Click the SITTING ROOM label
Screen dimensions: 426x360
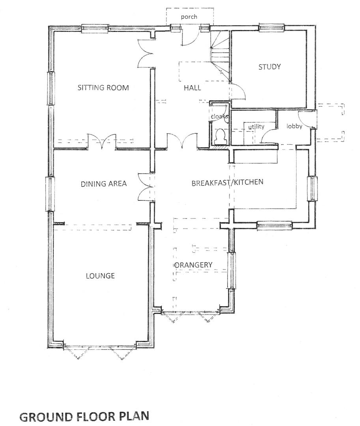point(103,88)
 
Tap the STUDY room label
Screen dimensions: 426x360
point(270,67)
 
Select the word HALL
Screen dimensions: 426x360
point(192,88)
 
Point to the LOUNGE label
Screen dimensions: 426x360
point(100,276)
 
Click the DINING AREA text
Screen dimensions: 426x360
point(104,183)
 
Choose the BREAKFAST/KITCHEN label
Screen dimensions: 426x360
point(227,182)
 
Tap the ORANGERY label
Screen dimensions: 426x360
point(194,265)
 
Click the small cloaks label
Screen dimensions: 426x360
point(219,117)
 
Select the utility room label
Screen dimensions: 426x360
point(256,127)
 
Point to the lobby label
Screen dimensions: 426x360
point(294,126)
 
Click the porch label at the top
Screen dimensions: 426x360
point(189,17)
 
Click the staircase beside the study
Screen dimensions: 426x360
point(220,51)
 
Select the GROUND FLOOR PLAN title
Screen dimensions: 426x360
point(84,417)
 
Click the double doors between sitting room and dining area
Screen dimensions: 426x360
point(102,142)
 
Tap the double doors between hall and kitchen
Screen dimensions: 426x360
point(181,141)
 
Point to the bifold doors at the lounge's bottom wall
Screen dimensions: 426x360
point(101,351)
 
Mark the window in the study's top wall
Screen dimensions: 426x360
point(271,27)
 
